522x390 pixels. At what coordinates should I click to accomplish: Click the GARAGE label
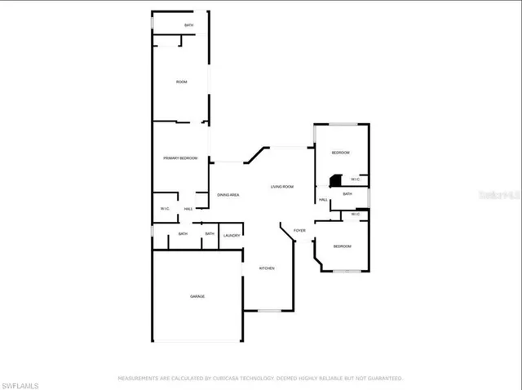[197, 296]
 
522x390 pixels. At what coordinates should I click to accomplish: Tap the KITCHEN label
[267, 268]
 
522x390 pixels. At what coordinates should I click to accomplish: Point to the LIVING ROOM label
[282, 188]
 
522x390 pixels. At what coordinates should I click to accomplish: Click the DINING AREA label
[228, 195]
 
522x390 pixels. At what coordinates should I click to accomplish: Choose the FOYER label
[299, 231]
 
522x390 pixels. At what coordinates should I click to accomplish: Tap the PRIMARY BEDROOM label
[180, 157]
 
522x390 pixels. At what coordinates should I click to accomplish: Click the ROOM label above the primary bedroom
[183, 82]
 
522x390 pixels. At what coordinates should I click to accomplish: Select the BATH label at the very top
[188, 26]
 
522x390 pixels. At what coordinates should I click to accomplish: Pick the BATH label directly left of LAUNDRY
[210, 234]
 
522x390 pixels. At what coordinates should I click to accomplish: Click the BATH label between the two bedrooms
[347, 194]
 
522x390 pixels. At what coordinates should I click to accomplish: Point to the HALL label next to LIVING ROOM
[324, 200]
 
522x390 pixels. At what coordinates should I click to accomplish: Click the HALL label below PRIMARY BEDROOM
[188, 210]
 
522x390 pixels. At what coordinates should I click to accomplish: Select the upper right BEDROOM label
[340, 153]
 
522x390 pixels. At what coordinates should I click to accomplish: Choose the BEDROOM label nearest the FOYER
[343, 246]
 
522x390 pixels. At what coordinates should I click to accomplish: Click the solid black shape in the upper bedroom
[334, 180]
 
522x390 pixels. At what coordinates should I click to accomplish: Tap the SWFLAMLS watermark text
[22, 381]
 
